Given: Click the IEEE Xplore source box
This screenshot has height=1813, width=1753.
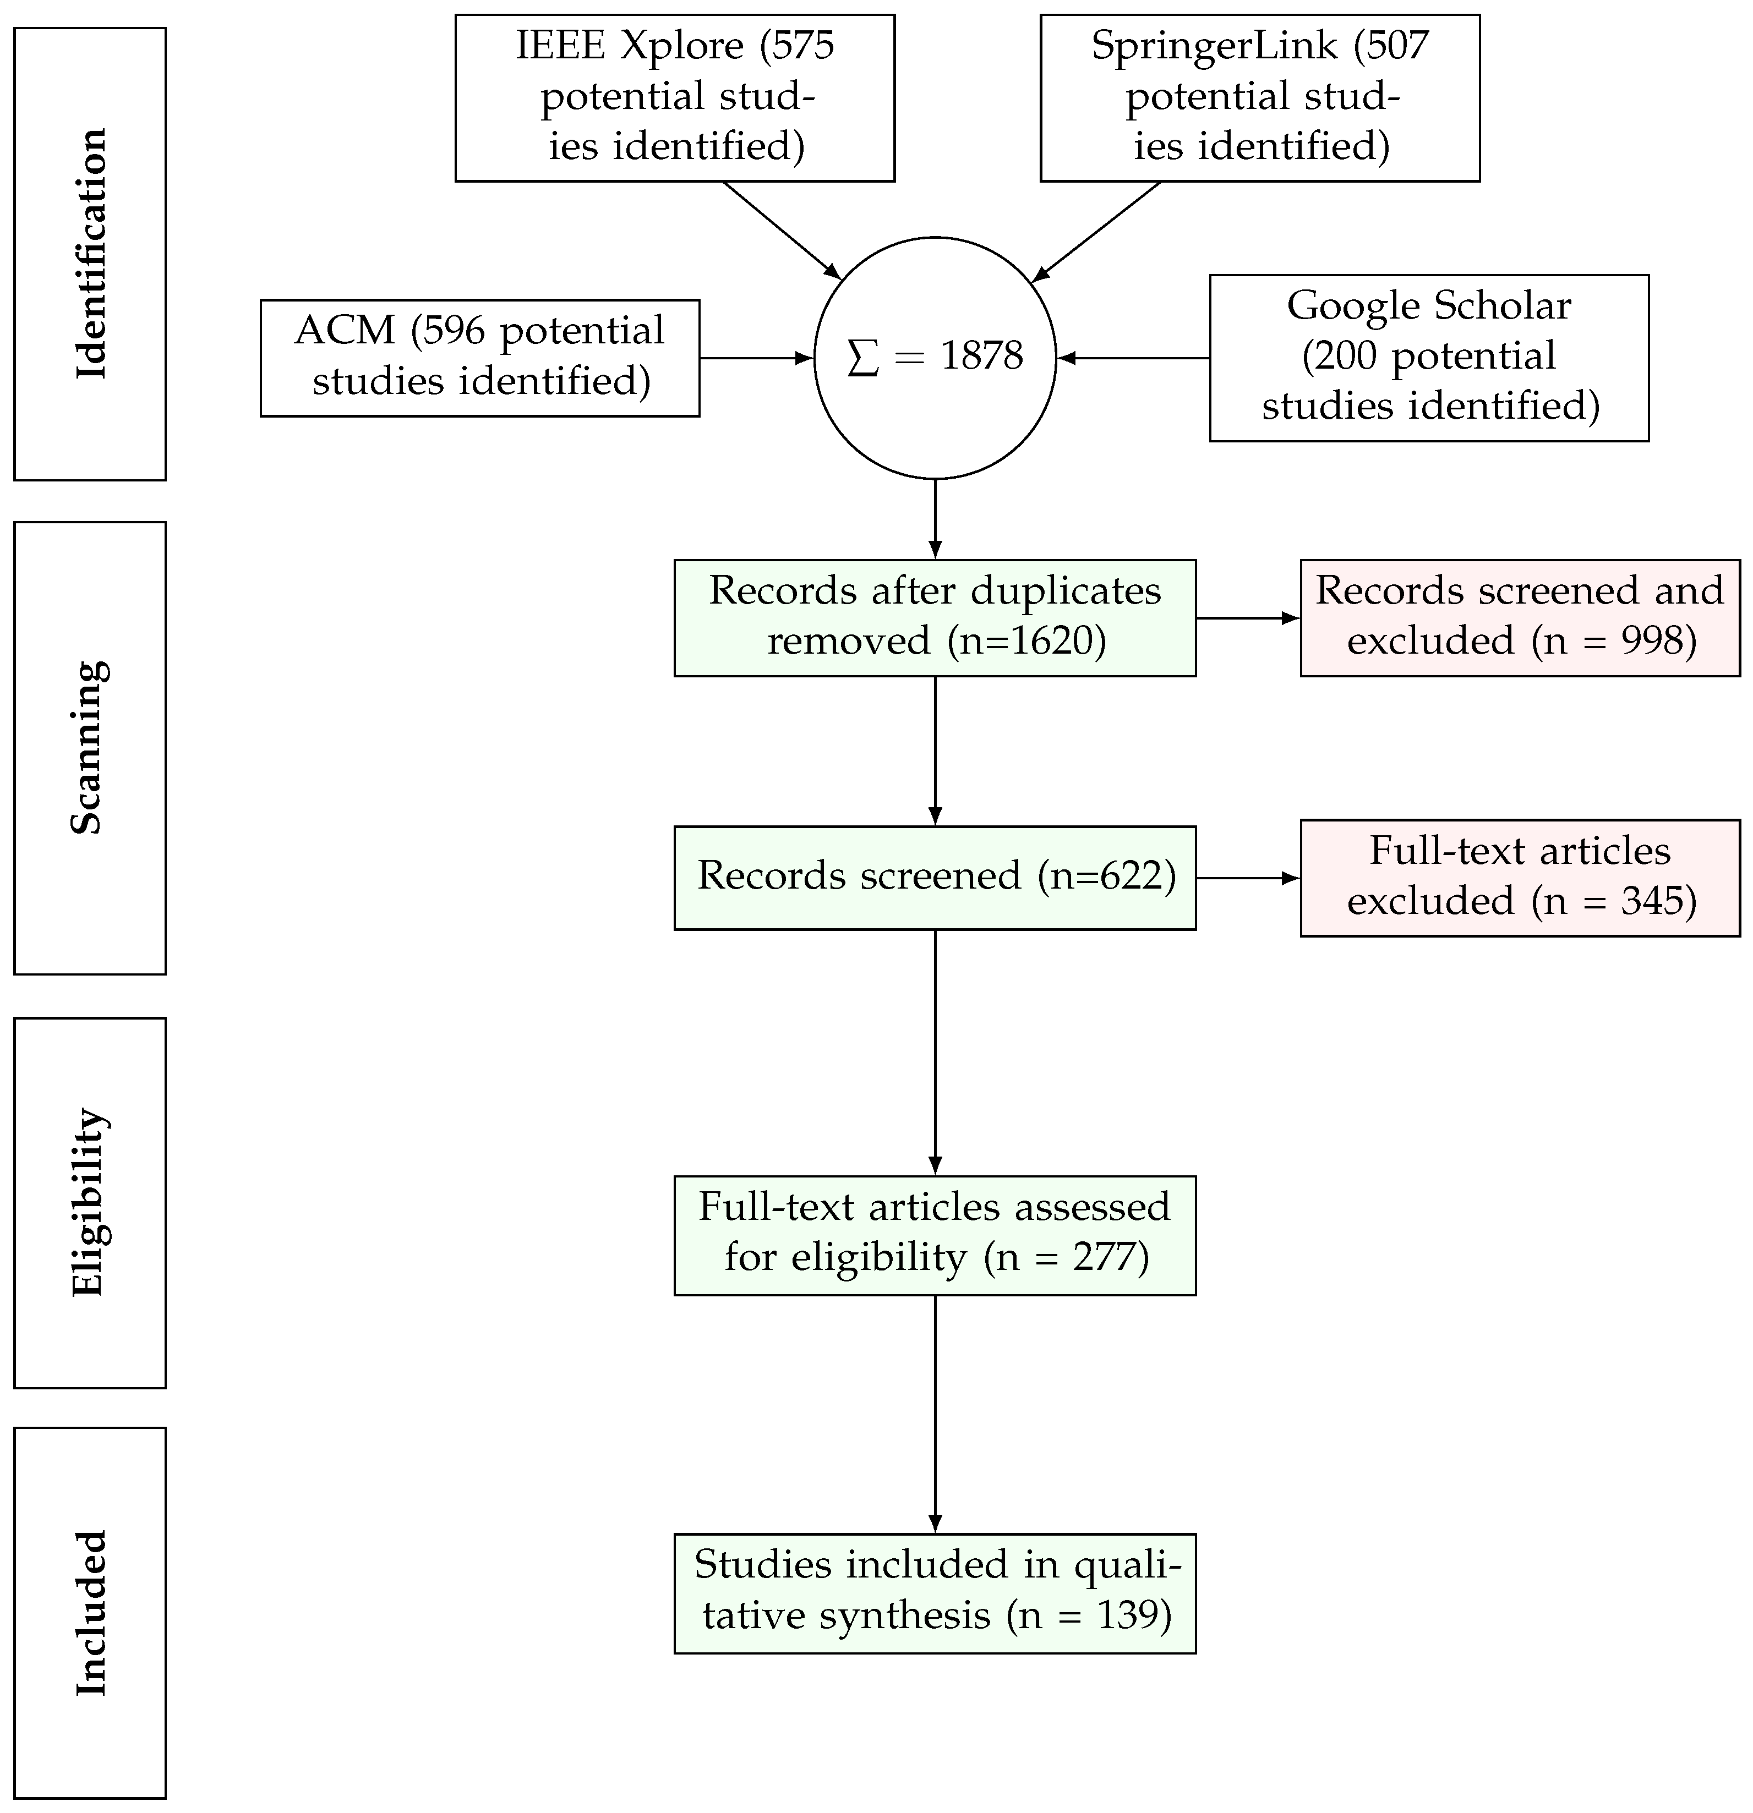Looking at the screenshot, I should click(674, 97).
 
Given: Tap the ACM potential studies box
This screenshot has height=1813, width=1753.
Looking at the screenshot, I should click(479, 357).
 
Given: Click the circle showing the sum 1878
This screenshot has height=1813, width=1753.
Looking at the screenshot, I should click(935, 357).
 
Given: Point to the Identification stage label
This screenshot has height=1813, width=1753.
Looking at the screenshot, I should click(90, 254).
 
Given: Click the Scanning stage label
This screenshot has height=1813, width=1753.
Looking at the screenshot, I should click(90, 747).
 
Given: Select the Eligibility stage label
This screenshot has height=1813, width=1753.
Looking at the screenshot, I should click(90, 1202).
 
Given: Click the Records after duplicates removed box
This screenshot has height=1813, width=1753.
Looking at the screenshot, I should click(935, 617).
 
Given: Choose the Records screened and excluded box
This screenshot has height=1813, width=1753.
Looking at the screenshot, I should click(1519, 617).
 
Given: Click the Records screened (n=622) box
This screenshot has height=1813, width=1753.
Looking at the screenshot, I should click(935, 877).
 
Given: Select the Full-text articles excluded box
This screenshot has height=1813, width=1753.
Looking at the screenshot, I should click(1519, 877).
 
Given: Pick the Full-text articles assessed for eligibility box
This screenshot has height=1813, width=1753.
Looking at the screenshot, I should click(935, 1235).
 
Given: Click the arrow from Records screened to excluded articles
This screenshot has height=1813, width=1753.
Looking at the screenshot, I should click(1247, 877).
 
